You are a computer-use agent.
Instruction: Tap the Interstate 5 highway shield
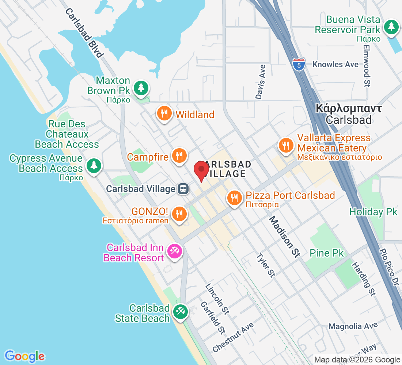299,64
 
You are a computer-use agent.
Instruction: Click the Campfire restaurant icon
179,156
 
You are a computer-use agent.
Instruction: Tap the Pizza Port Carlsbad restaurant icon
234,198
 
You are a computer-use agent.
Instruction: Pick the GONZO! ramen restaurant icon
179,214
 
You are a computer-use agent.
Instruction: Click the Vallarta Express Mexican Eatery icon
285,145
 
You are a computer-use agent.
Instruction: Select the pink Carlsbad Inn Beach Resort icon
174,251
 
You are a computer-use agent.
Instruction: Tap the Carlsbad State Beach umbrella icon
181,312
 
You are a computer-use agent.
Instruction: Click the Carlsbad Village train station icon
183,189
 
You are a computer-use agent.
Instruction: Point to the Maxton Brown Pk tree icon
141,88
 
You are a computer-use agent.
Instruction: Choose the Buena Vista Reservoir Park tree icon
391,27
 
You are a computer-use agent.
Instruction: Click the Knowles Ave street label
335,64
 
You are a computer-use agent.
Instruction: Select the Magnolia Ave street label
353,326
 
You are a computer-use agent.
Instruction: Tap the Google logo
25,356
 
